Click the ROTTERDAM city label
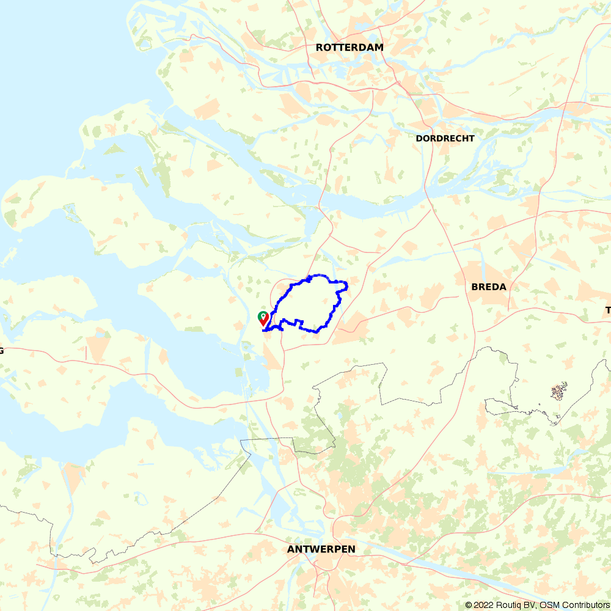click(x=349, y=48)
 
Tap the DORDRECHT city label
click(x=445, y=139)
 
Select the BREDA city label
click(x=489, y=287)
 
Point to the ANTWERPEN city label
click(x=321, y=550)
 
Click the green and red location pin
click(x=263, y=318)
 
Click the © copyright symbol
click(x=469, y=605)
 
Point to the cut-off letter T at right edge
click(x=608, y=310)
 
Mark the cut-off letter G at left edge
click(x=2, y=350)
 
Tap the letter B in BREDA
click(x=475, y=287)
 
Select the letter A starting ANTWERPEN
click(x=291, y=550)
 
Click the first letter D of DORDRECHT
click(x=419, y=139)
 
